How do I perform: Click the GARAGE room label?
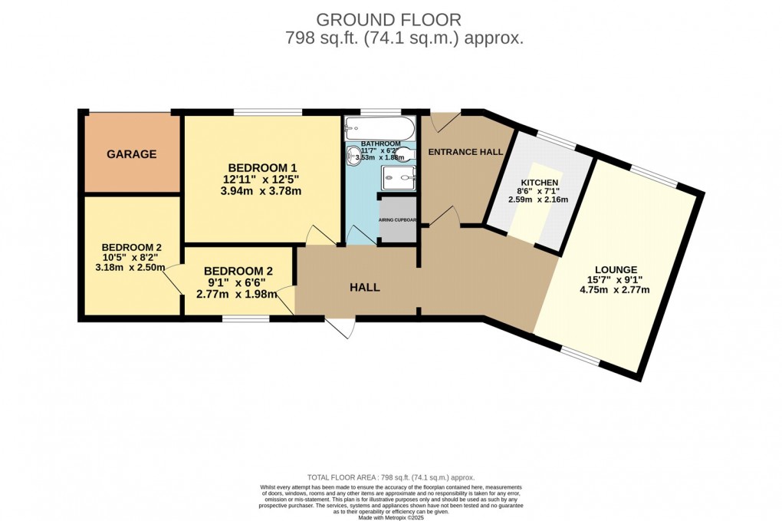click(x=131, y=154)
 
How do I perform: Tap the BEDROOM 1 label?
click(x=261, y=168)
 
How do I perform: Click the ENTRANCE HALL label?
click(x=465, y=152)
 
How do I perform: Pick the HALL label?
click(x=365, y=288)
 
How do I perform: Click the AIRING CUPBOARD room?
click(x=398, y=220)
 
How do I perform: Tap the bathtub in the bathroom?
click(x=379, y=127)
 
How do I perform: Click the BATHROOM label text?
click(x=381, y=143)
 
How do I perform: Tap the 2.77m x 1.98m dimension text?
click(x=238, y=294)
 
